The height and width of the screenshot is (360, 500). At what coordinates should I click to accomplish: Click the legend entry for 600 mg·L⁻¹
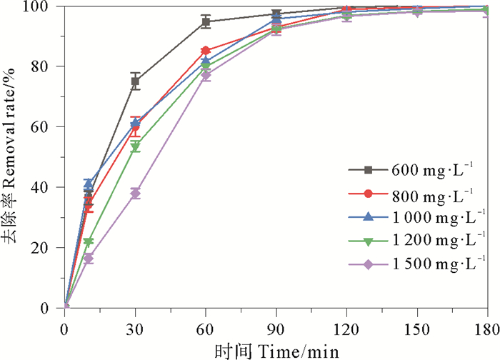coord(429,169)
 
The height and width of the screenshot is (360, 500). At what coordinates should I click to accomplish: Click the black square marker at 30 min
coord(135,81)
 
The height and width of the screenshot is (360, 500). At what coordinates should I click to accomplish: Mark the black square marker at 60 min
coord(206,22)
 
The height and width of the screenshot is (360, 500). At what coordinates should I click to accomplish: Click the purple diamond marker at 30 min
coord(135,194)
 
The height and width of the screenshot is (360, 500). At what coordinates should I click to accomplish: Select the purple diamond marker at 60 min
coord(206,75)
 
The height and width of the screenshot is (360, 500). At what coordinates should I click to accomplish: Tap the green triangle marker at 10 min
coord(89,242)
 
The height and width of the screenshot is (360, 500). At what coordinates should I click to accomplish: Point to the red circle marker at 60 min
coord(206,51)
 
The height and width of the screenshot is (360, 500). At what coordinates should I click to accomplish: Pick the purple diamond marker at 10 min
coord(89,258)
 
